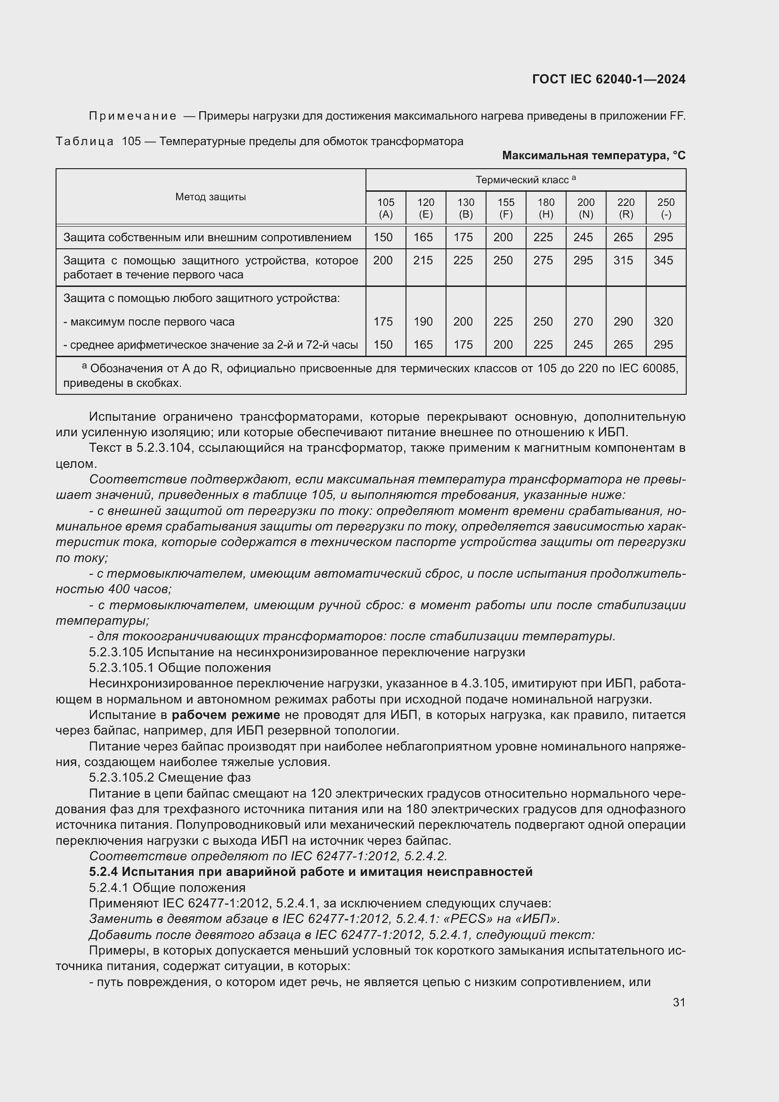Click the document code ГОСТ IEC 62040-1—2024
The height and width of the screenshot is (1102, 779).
(x=608, y=79)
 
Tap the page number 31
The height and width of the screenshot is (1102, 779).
(x=679, y=1002)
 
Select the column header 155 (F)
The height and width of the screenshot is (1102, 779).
(x=505, y=208)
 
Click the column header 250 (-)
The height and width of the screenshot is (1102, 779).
(x=666, y=208)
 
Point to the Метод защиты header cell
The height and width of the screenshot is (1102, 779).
(x=211, y=197)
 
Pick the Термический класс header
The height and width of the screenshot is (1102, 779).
(x=525, y=180)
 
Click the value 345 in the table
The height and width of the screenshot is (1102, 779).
(x=663, y=261)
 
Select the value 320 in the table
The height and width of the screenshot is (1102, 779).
(x=663, y=322)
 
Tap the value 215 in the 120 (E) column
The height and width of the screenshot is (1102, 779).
(x=422, y=261)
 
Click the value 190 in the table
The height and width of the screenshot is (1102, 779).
(x=422, y=322)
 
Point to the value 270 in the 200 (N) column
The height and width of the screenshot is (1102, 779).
(x=583, y=322)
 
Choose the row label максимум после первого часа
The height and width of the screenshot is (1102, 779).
(x=152, y=322)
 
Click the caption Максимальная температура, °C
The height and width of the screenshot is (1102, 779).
(x=593, y=155)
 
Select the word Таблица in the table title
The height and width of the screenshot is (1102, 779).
(x=84, y=142)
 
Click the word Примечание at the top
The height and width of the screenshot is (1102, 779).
(x=132, y=116)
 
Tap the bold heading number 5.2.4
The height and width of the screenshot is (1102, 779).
(x=103, y=872)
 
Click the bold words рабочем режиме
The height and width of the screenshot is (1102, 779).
(x=226, y=715)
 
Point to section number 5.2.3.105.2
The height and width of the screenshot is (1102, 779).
(x=122, y=777)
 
